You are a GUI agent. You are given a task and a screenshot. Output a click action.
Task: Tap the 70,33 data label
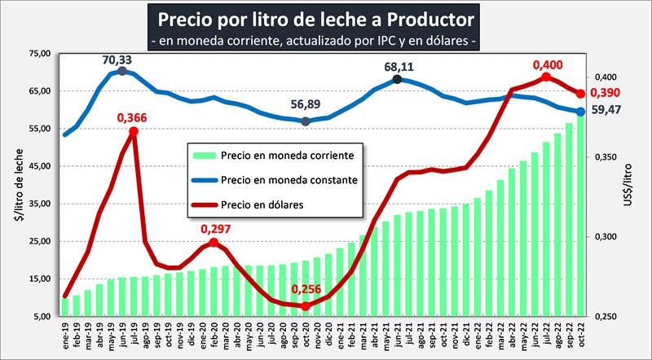pyautogui.click(x=117, y=59)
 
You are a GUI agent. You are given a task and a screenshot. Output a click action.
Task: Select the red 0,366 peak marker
pyautogui.click(x=134, y=131)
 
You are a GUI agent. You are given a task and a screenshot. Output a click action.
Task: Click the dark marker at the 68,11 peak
pyautogui.click(x=397, y=79)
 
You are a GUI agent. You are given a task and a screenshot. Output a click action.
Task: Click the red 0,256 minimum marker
pyautogui.click(x=306, y=306)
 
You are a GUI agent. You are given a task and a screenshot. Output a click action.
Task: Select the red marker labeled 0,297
pyautogui.click(x=214, y=243)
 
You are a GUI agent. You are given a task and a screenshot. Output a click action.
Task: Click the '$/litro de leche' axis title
pyautogui.click(x=16, y=184)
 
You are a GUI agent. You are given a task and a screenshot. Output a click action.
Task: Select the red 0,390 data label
pyautogui.click(x=605, y=93)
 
